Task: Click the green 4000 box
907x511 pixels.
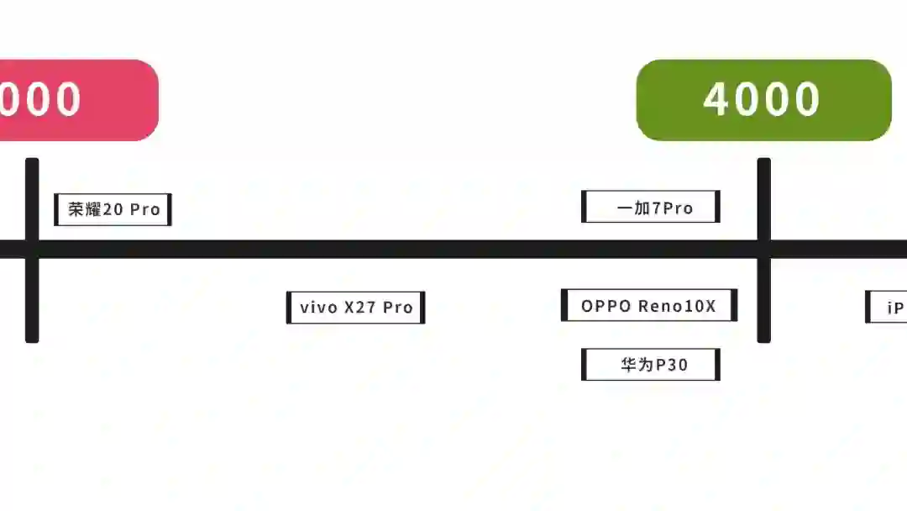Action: coord(763,100)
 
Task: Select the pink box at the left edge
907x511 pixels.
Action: coord(76,100)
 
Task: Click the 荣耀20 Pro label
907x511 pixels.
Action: coord(113,209)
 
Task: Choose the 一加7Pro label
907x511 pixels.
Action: coord(651,207)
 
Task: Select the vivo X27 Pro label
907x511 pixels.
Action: coord(356,308)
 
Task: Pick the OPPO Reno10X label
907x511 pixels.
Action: coord(648,306)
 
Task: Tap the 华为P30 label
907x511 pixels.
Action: coord(651,365)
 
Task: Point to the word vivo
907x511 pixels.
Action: coord(317,308)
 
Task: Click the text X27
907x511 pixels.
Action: coord(360,308)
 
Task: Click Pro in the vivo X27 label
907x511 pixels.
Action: coord(398,308)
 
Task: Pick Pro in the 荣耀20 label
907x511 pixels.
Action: coord(144,209)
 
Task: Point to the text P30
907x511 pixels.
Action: coord(672,365)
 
